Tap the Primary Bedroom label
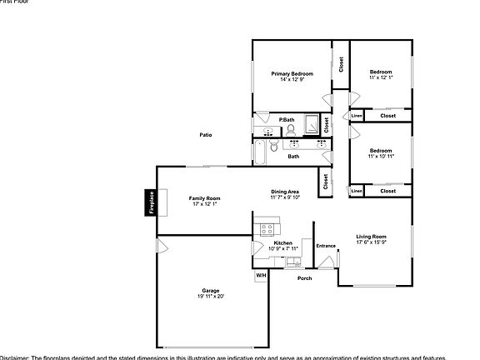[292, 74]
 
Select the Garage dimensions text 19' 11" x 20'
[211, 296]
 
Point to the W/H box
[261, 275]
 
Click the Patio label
[205, 134]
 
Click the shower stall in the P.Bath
[312, 124]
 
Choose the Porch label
[305, 277]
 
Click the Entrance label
[326, 246]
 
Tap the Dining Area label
[285, 192]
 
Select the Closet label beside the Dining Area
[324, 180]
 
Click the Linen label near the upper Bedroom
[357, 116]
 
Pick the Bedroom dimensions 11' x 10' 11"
[380, 156]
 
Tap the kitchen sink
[292, 261]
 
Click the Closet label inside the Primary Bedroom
[340, 63]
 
